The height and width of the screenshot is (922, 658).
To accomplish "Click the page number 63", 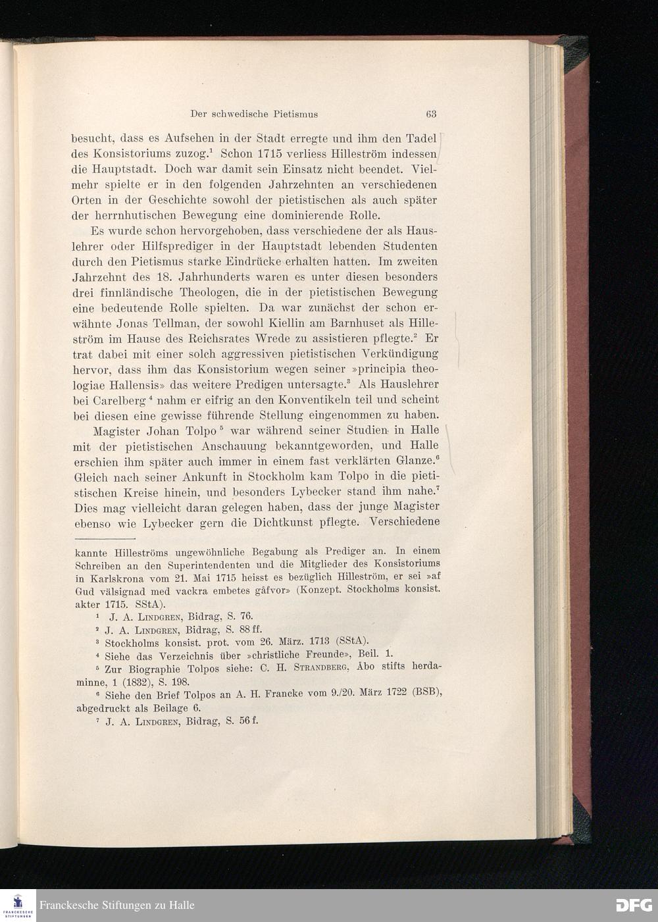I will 431,114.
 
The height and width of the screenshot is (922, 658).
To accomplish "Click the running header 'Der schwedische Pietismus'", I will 254,114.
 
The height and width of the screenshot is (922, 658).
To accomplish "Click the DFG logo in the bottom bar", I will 634,905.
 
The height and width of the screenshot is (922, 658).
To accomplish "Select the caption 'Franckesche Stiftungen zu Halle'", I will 117,906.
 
